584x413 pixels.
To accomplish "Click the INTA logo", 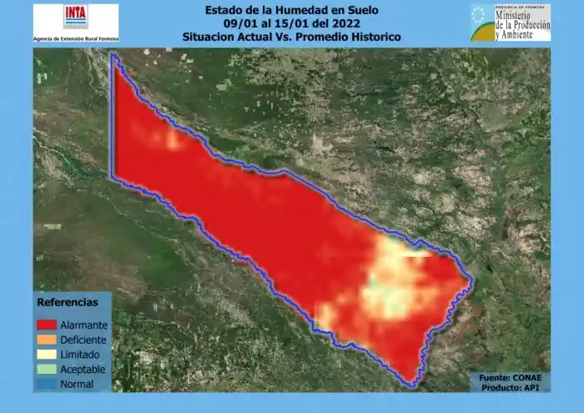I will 74,17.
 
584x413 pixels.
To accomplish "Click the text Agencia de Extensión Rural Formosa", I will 76,39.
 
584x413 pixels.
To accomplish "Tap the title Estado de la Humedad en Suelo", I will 291,11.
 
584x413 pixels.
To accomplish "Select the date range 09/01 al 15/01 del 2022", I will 291,23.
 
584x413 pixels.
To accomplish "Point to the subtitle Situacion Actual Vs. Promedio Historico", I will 291,37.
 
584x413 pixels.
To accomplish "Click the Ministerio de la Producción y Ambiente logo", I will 510,23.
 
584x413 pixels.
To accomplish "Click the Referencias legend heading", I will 67,302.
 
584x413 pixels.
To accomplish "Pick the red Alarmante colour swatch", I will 45,325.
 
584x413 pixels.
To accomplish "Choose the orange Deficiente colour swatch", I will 45,340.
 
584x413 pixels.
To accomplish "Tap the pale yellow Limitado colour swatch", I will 45,355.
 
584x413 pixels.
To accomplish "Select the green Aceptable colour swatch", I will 45,370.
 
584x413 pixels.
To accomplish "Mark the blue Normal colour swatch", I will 45,385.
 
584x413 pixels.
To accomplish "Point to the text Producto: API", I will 514,387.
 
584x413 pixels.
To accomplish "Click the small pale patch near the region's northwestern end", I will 171,139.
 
